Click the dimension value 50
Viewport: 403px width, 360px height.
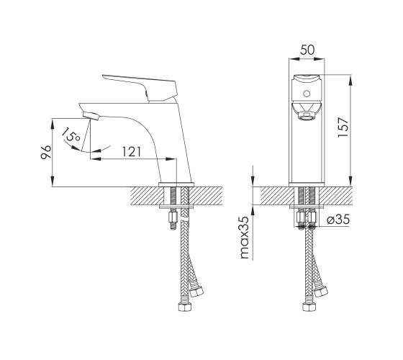[307, 50]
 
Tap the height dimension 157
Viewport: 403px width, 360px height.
[343, 127]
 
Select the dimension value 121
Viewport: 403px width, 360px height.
[131, 152]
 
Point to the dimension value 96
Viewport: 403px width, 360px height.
[46, 152]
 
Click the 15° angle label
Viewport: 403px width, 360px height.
[71, 135]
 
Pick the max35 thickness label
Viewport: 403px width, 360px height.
[244, 238]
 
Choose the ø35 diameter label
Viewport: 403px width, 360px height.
[338, 220]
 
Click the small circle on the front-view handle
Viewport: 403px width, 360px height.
[307, 94]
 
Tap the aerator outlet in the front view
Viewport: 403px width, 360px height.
[307, 117]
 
